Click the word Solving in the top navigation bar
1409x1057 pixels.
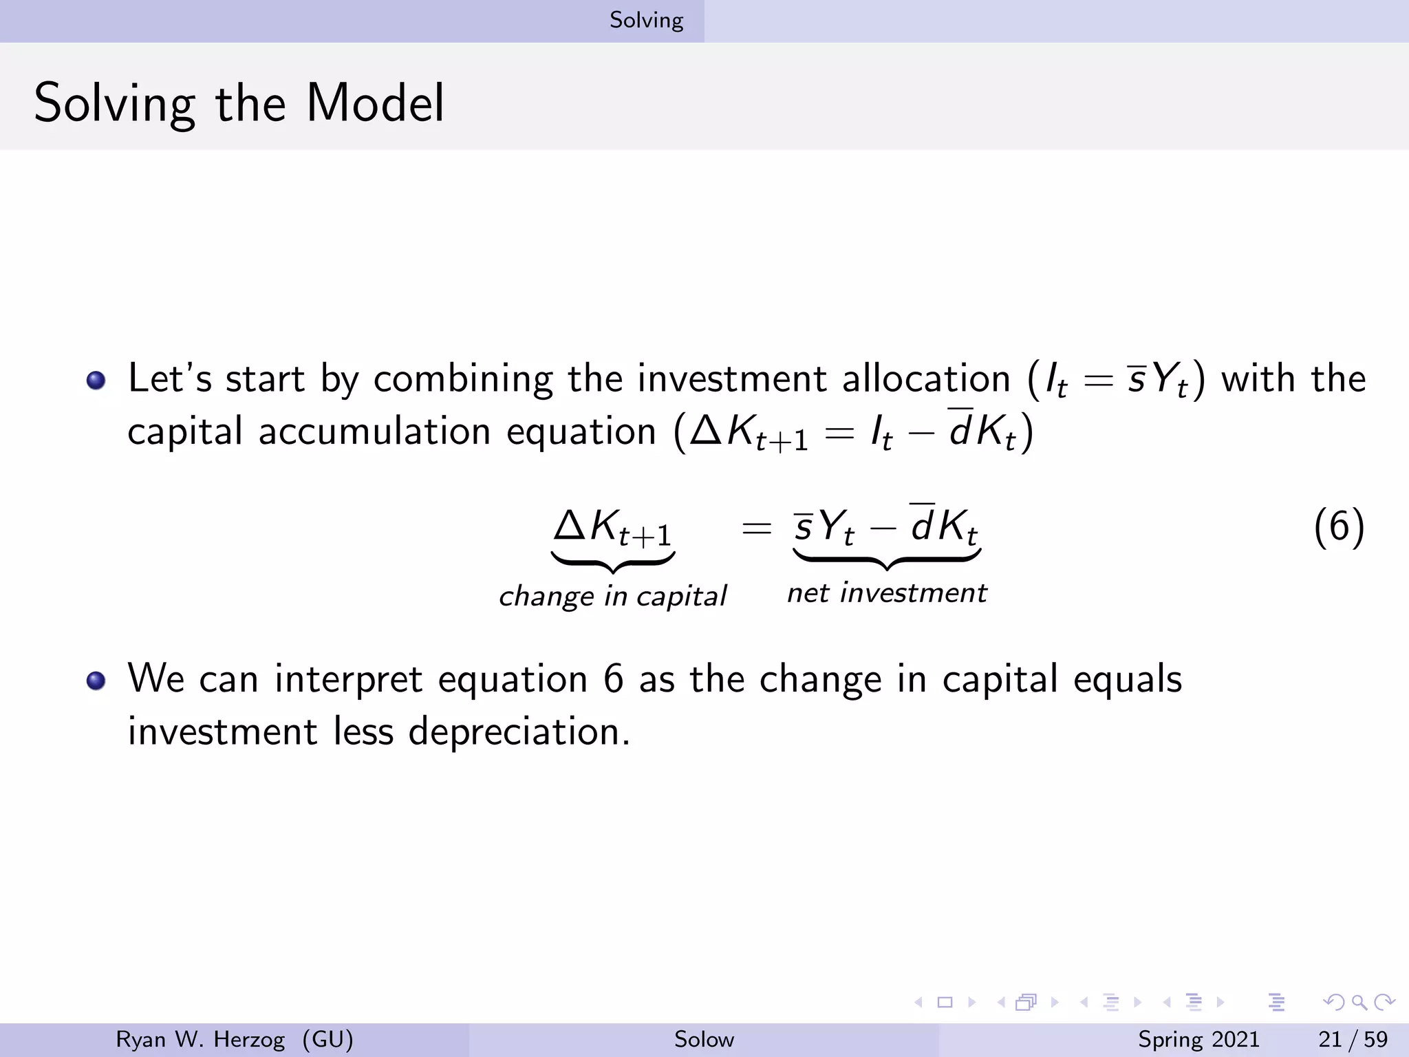pos(646,21)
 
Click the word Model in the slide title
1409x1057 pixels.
pos(375,103)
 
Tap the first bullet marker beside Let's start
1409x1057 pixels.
pos(96,381)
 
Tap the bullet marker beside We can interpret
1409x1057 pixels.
pos(96,681)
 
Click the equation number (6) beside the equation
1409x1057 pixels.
pos(1338,527)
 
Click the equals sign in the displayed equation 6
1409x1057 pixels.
pos(755,528)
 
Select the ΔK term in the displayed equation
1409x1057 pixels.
pos(612,527)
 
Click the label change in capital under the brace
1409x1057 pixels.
pos(612,596)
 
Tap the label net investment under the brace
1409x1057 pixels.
pos(886,592)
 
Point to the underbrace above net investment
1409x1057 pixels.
pos(886,559)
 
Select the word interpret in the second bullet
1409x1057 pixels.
pos(347,679)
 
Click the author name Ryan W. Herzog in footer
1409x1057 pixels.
pos(200,1039)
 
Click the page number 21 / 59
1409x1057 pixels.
pos(1353,1039)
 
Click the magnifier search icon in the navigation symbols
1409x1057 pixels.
pos(1359,1002)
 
